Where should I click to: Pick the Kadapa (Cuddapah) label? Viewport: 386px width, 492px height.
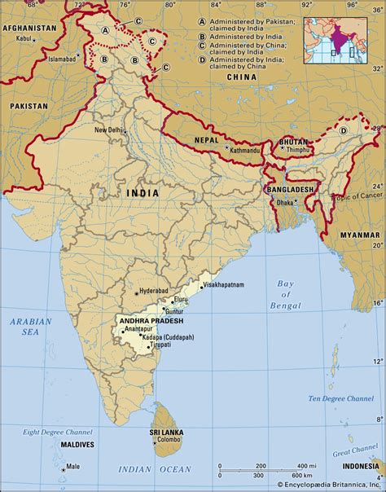[x=167, y=336]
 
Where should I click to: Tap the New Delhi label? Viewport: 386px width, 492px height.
[x=111, y=130]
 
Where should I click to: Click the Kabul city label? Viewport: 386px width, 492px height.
[x=23, y=38]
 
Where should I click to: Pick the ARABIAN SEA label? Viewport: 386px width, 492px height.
[x=30, y=327]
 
